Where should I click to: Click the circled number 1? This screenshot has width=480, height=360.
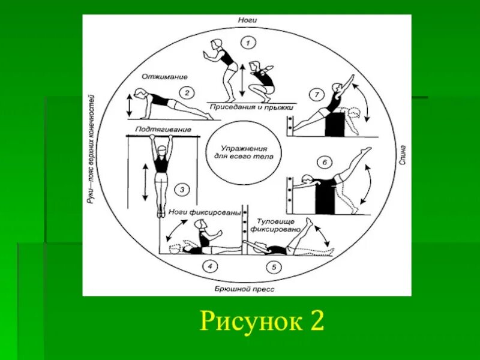click(247, 43)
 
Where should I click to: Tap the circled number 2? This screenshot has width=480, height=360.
click(187, 92)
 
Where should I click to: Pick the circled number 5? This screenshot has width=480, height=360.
click(274, 267)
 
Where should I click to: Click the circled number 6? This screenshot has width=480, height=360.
click(324, 162)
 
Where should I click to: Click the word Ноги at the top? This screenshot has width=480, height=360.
click(247, 20)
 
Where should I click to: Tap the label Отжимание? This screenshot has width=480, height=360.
click(165, 77)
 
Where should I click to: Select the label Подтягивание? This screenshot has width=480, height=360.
click(163, 130)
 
